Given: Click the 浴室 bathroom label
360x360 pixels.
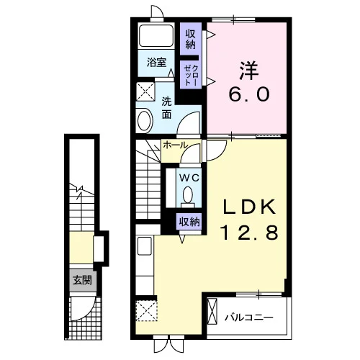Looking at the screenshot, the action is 156,63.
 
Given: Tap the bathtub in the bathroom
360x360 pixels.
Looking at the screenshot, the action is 156,35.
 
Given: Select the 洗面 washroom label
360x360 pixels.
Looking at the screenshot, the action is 166,108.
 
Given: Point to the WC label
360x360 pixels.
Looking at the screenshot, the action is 189,178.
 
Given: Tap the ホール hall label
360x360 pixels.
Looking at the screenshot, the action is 175,145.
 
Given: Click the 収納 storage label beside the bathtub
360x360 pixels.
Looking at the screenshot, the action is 191,40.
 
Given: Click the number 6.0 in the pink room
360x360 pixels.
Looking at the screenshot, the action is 249,94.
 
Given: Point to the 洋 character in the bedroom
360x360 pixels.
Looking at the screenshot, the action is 249,71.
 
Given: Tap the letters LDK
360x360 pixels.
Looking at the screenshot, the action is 249,207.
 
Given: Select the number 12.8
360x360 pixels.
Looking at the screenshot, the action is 249,233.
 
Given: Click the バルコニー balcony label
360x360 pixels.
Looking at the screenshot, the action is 249,318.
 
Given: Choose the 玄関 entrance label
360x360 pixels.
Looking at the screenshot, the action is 83,280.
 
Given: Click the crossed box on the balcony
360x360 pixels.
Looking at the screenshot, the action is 212,312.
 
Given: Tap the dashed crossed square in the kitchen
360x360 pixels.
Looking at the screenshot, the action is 146,310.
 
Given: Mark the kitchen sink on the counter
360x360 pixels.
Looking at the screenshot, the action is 145,246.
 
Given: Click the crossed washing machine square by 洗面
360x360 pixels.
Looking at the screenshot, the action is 145,91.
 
